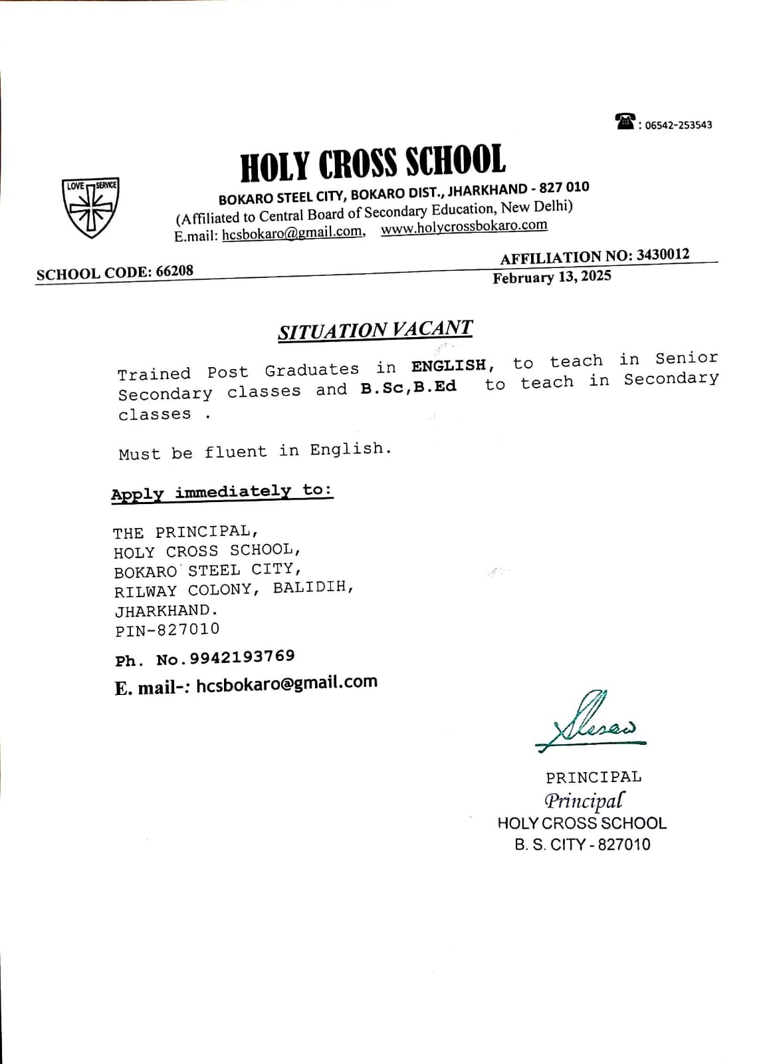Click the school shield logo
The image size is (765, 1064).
[90, 207]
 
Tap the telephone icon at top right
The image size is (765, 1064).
[625, 122]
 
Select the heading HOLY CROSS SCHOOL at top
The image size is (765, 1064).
[372, 163]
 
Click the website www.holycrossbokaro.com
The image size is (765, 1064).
[464, 227]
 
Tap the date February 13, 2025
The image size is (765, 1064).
[552, 277]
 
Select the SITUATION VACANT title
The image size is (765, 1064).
[376, 330]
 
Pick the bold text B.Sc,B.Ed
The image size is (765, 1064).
[408, 388]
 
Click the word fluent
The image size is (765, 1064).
[235, 452]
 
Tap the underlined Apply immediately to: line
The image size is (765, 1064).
[222, 492]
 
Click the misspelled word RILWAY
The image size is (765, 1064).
[146, 591]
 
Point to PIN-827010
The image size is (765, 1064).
[167, 630]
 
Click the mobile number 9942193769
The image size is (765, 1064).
[242, 657]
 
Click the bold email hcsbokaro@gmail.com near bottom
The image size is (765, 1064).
[286, 683]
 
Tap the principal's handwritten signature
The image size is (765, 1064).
[589, 722]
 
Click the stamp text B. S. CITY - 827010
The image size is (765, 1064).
[582, 845]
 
